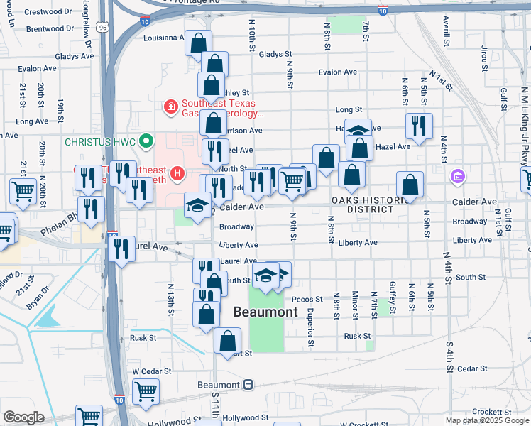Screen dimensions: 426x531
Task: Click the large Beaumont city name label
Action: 265,312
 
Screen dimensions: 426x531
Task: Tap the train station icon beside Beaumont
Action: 248,384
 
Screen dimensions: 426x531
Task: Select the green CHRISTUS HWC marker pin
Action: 147,141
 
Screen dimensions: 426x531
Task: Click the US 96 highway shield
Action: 104,28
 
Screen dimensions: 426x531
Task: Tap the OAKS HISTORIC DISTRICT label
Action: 362,204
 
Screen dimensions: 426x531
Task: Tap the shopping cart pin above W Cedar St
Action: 146,390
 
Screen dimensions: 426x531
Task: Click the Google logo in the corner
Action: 23,418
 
